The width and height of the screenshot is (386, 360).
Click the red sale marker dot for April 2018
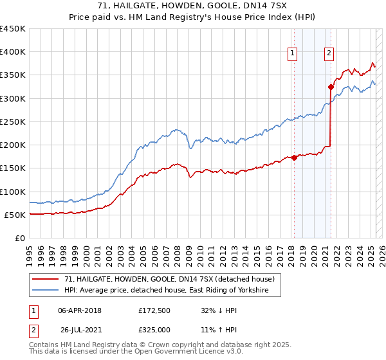click(x=294, y=157)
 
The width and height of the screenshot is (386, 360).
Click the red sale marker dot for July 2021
click(x=331, y=87)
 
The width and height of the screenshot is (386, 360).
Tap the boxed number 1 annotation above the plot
click(x=293, y=53)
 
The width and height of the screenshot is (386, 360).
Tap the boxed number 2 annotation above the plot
click(x=329, y=53)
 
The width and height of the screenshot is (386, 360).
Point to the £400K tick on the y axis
click(x=13, y=52)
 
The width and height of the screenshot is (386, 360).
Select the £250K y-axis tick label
click(x=13, y=122)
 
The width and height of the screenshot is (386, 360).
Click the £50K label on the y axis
click(x=15, y=215)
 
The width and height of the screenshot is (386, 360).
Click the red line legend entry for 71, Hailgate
click(x=169, y=279)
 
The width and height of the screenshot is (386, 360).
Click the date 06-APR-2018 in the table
click(x=80, y=310)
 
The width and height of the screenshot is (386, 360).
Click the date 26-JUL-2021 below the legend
click(x=80, y=328)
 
